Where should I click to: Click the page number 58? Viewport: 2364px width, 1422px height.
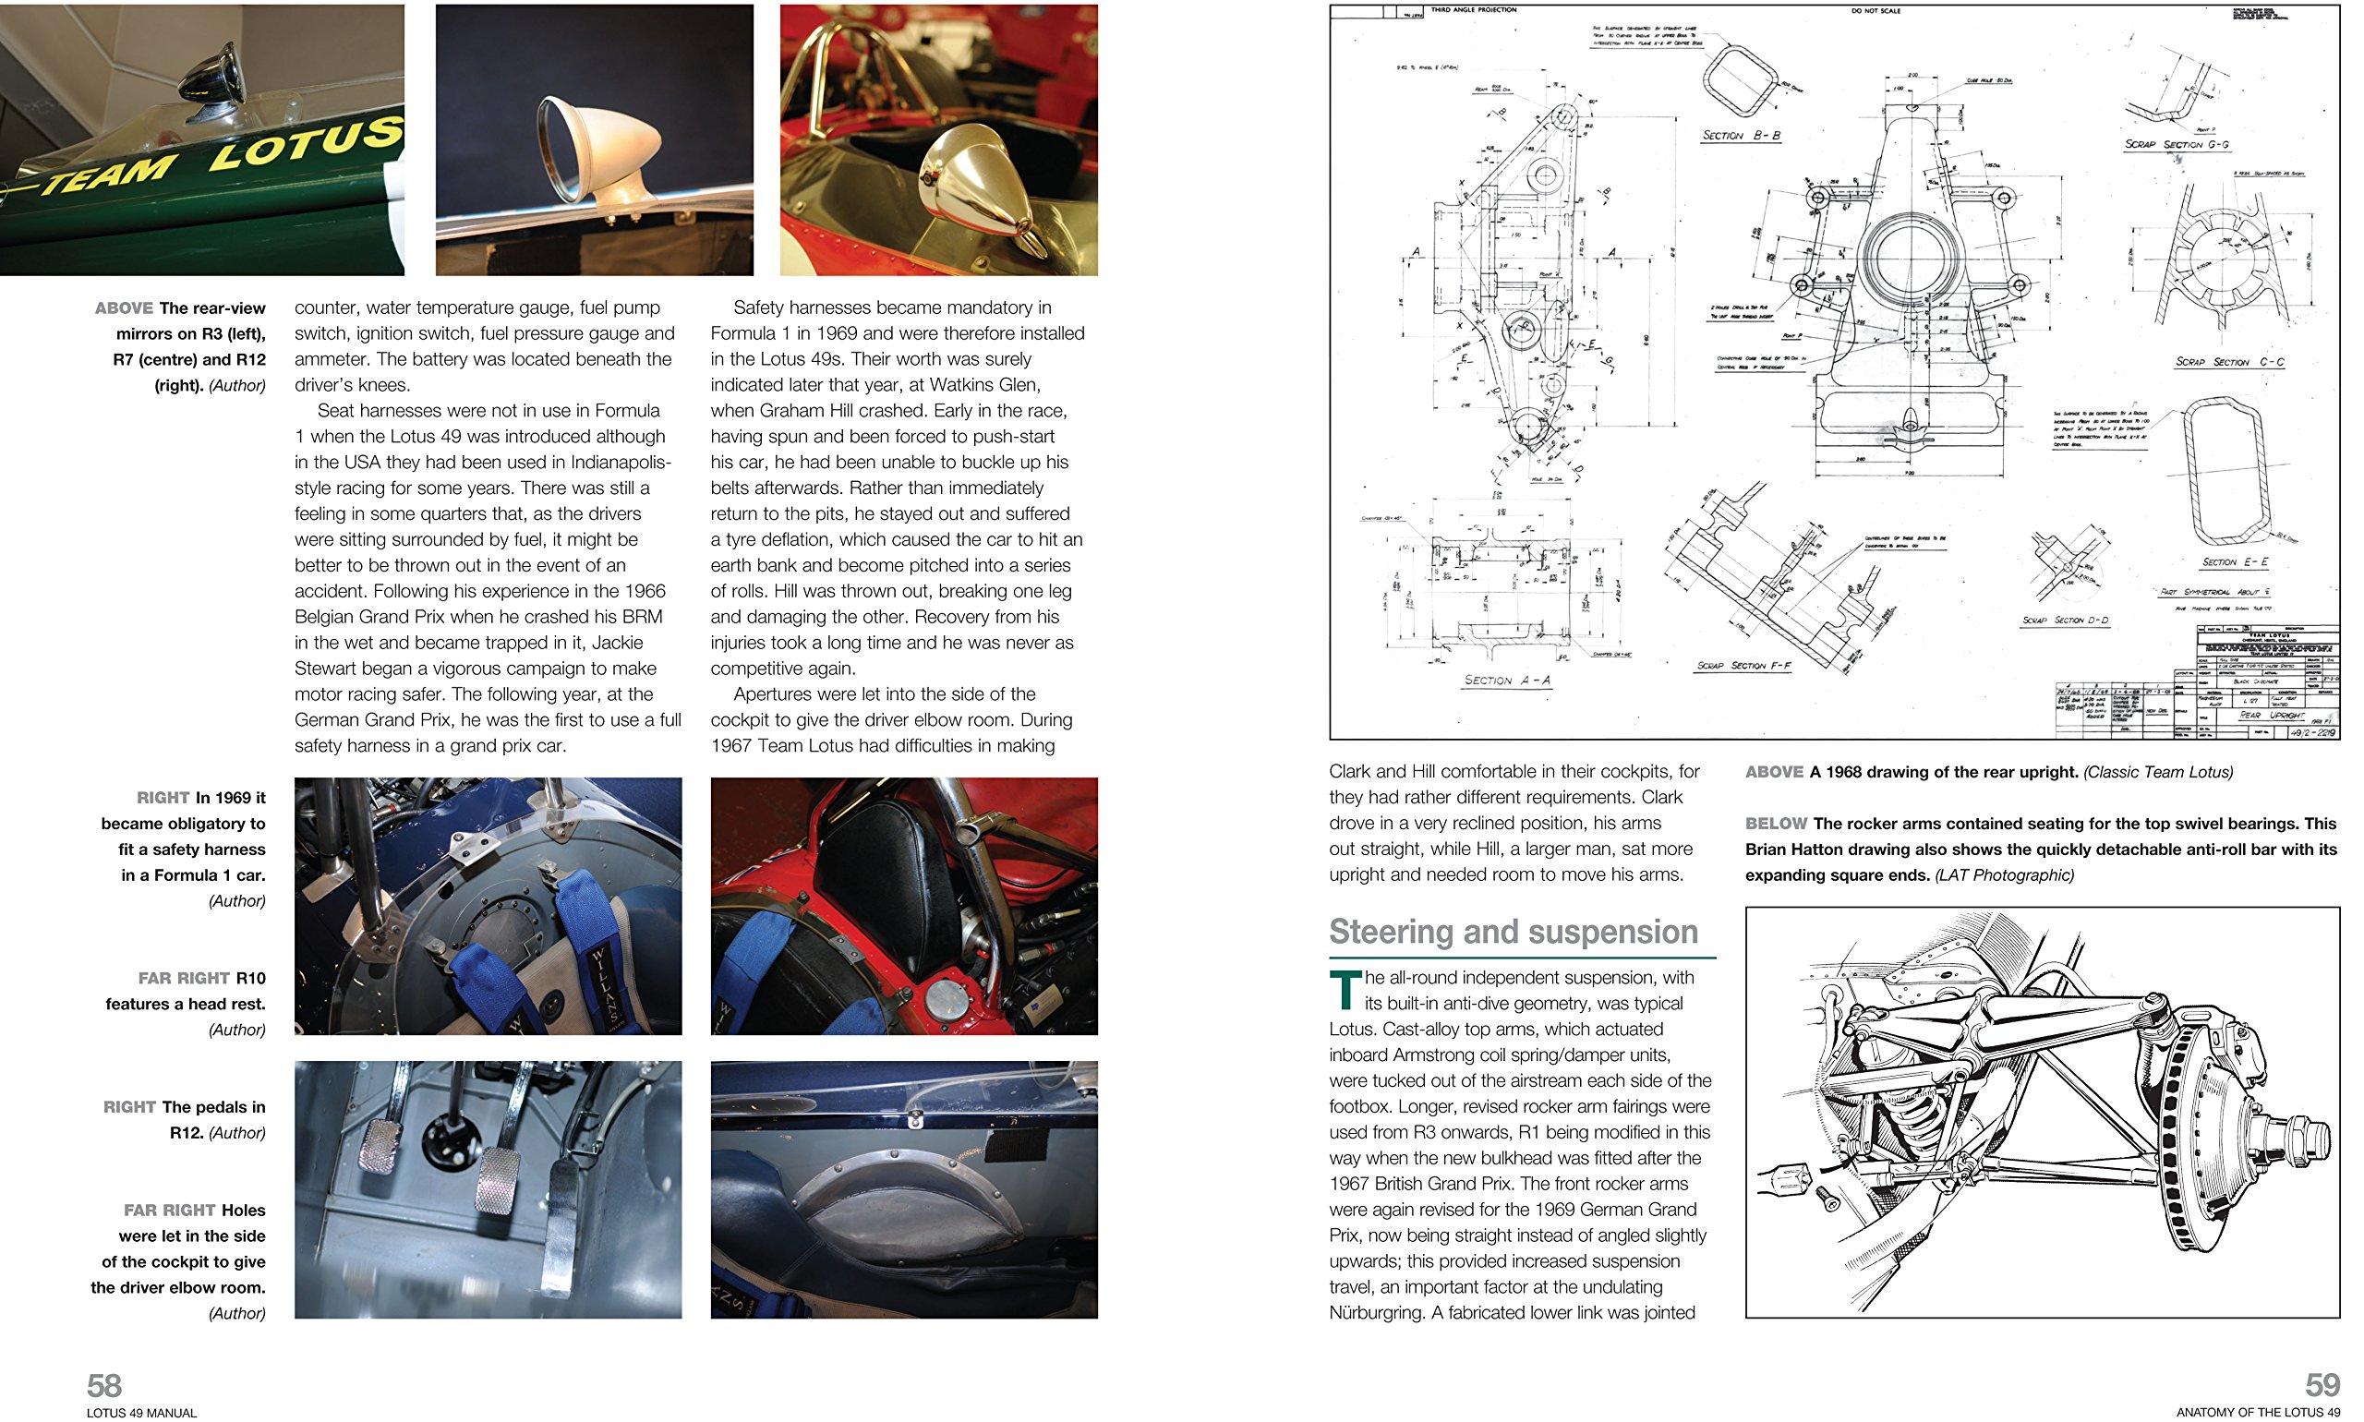pyautogui.click(x=103, y=1385)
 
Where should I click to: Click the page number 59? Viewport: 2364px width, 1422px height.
pyautogui.click(x=2322, y=1385)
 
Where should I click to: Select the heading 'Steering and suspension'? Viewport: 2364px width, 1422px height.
pyautogui.click(x=1512, y=932)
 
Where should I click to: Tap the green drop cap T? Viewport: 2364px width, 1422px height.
pyautogui.click(x=1345, y=990)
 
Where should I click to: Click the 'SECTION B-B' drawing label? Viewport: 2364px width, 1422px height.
pyautogui.click(x=1740, y=136)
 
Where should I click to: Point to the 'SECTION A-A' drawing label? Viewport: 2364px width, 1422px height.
pyautogui.click(x=1506, y=680)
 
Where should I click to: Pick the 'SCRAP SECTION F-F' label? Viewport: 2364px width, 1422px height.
pyautogui.click(x=1743, y=665)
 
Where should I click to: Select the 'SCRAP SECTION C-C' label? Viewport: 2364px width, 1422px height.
pyautogui.click(x=2229, y=362)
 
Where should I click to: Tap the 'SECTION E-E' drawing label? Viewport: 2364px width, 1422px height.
pyautogui.click(x=2235, y=562)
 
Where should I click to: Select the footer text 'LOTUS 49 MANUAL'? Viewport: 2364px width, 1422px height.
pyautogui.click(x=141, y=1413)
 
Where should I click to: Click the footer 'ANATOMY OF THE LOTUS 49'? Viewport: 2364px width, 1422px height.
pyautogui.click(x=2257, y=1413)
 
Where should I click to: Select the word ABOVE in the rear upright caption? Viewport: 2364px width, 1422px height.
pyautogui.click(x=1774, y=772)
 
